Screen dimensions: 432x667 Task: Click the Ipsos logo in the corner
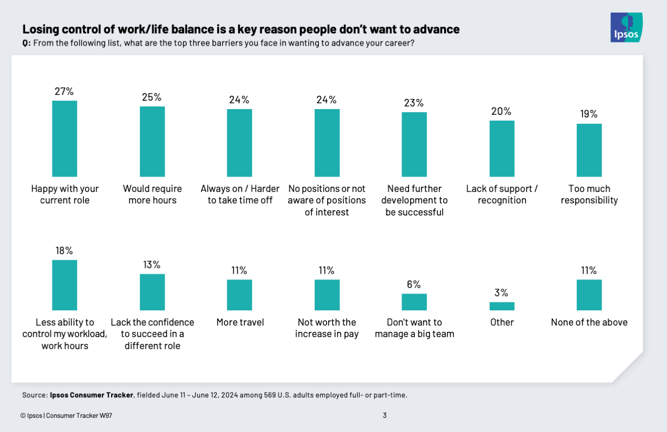(626, 27)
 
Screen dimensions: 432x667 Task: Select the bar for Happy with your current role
(64, 138)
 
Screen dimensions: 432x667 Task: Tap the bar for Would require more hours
(152, 142)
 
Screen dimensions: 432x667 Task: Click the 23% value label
(414, 103)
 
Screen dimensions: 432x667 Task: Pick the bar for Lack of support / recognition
(502, 148)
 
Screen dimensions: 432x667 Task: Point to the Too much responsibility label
(589, 195)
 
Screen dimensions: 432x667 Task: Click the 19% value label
(589, 114)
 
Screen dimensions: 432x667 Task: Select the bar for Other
(502, 306)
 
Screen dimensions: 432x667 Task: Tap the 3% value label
(502, 293)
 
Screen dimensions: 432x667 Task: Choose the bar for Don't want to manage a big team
(414, 302)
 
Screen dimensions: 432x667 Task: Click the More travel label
(239, 322)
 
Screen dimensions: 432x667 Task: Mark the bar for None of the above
(589, 295)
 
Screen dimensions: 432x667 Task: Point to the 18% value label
(64, 251)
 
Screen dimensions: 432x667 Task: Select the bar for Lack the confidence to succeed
(152, 292)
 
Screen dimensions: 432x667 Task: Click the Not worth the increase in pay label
(327, 328)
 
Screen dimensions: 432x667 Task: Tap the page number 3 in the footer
(384, 416)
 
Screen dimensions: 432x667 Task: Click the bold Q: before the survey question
(26, 44)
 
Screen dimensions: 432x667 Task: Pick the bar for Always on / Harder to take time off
(239, 143)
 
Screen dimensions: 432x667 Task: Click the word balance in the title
(178, 29)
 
